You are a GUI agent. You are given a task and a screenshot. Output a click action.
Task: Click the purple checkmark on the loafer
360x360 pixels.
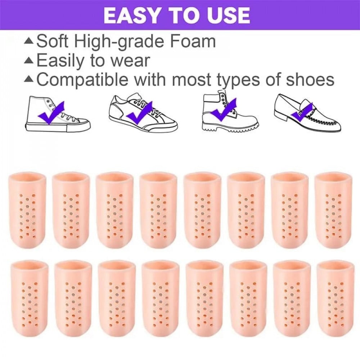302,112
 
